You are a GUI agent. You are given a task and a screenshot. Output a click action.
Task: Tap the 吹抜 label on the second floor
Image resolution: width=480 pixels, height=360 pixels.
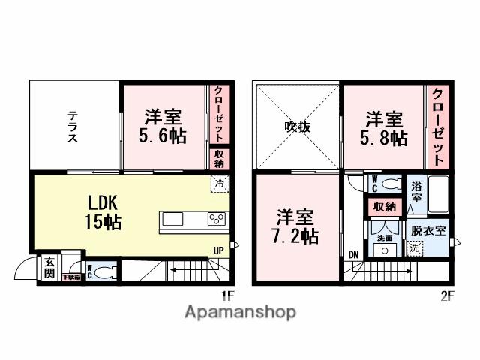298,127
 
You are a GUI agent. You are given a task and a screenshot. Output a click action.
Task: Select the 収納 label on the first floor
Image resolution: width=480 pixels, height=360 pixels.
219,158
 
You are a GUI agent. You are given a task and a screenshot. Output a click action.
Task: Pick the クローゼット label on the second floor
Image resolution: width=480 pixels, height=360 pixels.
438,127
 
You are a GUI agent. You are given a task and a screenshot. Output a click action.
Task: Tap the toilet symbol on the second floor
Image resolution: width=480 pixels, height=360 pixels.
388,184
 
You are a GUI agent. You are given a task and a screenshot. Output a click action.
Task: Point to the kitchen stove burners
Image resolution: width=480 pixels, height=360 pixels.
217,220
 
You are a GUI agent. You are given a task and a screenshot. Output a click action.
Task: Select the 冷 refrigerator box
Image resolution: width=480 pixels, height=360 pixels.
220,182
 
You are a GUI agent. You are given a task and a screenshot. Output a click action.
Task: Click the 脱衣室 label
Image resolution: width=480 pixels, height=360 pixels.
429,231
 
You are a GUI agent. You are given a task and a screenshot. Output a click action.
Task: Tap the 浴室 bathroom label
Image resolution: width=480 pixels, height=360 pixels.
416,193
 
